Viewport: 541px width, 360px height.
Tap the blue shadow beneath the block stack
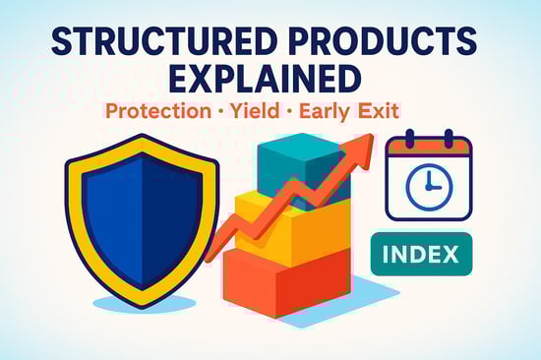[x=369, y=291]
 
